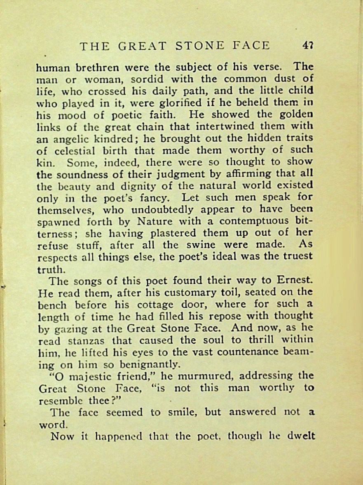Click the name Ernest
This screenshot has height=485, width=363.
point(295,281)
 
